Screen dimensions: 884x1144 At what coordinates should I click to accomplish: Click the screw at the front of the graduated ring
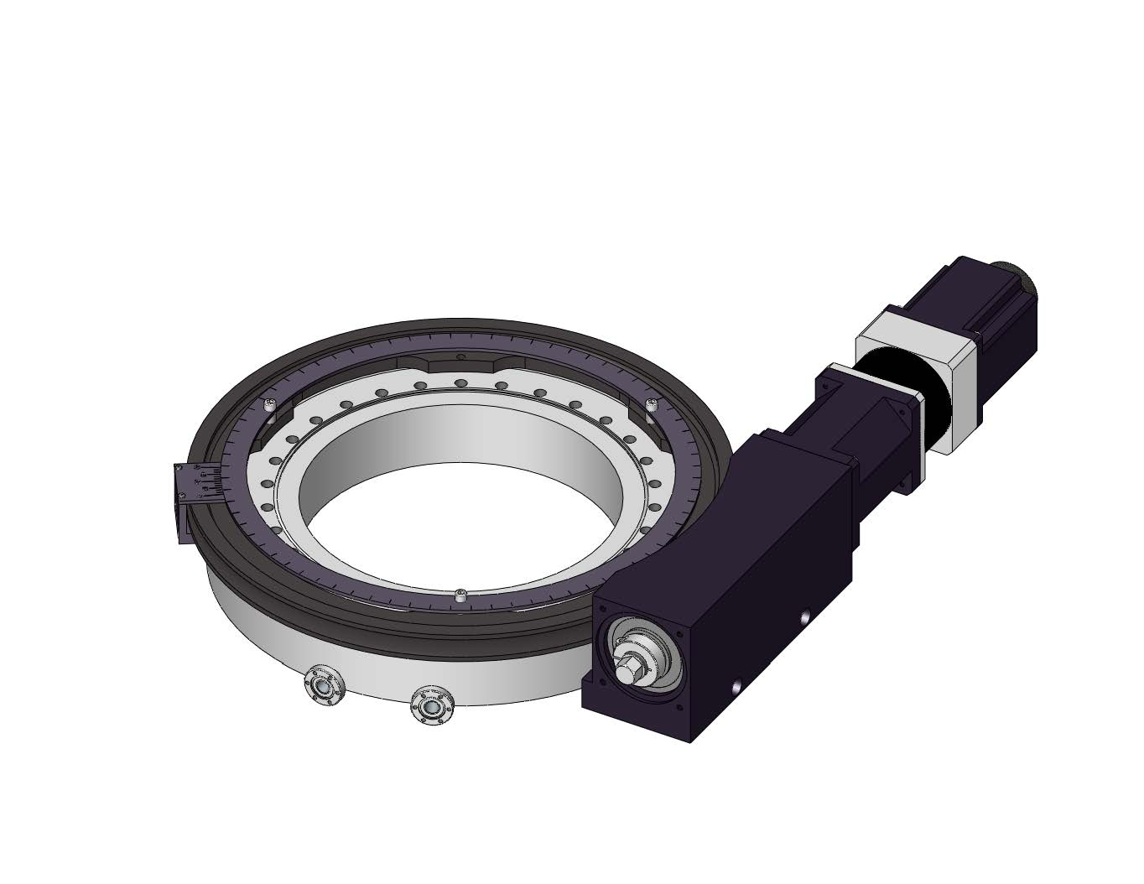[460, 595]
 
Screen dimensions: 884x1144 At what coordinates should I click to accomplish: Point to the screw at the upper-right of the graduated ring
[653, 406]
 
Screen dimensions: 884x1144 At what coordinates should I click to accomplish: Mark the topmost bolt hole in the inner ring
[460, 384]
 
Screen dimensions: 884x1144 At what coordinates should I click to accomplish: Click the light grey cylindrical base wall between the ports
[377, 671]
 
